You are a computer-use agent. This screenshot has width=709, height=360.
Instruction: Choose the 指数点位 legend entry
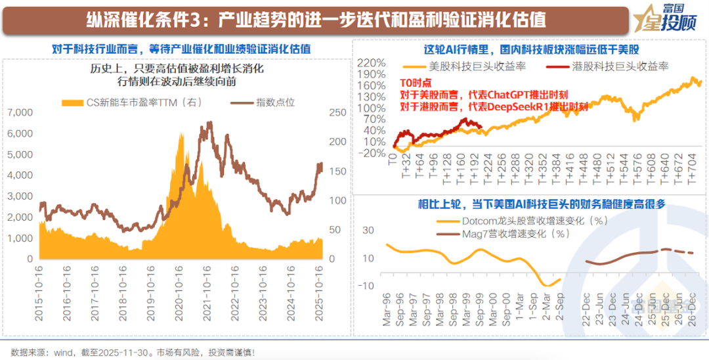point(267,102)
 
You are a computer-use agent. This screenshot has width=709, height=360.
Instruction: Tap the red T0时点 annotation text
point(416,83)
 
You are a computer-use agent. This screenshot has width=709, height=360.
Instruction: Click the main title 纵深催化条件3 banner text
point(315,19)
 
